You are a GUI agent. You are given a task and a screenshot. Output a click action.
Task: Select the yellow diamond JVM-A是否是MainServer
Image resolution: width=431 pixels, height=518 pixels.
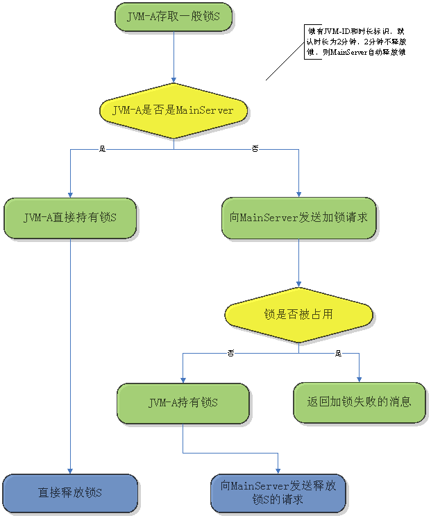point(173,110)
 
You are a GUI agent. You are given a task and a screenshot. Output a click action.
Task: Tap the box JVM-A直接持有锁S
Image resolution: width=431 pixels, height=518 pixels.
point(70,218)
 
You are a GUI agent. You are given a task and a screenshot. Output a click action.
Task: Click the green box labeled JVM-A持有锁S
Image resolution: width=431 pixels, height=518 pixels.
point(183,402)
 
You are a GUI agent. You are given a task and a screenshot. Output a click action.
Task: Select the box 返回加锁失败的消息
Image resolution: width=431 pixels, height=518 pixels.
point(359,402)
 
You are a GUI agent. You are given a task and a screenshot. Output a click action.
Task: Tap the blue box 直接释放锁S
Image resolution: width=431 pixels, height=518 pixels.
point(70,493)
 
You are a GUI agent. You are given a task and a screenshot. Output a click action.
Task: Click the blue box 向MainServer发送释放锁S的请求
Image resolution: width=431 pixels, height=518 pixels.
point(278,493)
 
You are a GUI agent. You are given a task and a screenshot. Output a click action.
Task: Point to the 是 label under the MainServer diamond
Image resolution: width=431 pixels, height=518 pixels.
point(103,149)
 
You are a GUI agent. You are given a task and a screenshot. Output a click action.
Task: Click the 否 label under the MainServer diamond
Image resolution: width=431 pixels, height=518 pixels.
point(255,149)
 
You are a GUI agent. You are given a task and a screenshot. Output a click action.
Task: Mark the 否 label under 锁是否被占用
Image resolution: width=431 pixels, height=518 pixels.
point(231,354)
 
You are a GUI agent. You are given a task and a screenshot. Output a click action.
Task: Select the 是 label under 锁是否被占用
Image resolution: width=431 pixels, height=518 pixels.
point(338,354)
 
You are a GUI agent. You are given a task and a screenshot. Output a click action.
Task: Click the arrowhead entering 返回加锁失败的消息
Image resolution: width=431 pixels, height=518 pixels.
point(360,379)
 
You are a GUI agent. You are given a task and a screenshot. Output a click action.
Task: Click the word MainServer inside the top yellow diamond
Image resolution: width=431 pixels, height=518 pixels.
point(205,110)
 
